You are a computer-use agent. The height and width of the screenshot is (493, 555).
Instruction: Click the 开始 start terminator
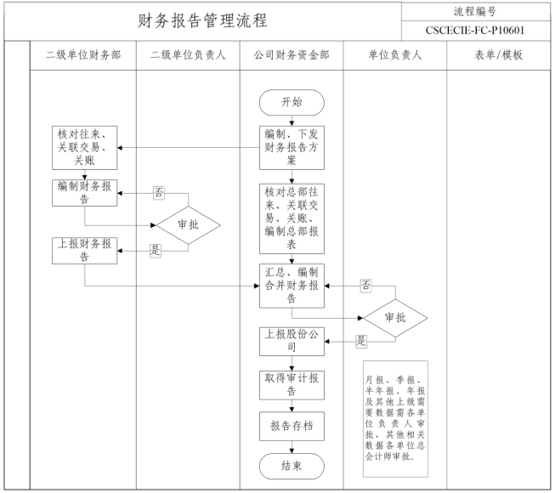[292, 102]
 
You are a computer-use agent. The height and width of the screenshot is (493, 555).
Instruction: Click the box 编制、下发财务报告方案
[292, 146]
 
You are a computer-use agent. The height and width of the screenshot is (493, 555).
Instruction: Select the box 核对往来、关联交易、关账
[83, 146]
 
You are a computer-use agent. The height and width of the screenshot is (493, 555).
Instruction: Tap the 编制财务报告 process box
[83, 193]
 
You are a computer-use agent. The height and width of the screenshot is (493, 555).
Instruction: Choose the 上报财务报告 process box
[83, 251]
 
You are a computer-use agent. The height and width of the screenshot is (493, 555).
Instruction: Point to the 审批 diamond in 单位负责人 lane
[395, 317]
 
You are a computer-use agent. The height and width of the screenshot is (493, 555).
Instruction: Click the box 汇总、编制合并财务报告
[292, 286]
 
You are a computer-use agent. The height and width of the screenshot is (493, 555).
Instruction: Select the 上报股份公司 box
[292, 342]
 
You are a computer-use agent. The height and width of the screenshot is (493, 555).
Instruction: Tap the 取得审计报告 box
[292, 384]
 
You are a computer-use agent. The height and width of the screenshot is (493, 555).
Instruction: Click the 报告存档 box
[292, 426]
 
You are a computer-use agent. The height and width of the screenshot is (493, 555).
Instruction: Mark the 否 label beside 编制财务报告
[158, 192]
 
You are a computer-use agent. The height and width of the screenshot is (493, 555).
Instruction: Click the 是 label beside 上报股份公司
[360, 341]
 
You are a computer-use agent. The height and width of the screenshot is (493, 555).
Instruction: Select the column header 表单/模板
[497, 56]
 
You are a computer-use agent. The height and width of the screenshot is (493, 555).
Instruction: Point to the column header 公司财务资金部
[292, 56]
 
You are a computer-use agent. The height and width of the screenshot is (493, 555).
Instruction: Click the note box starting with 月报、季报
[395, 417]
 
